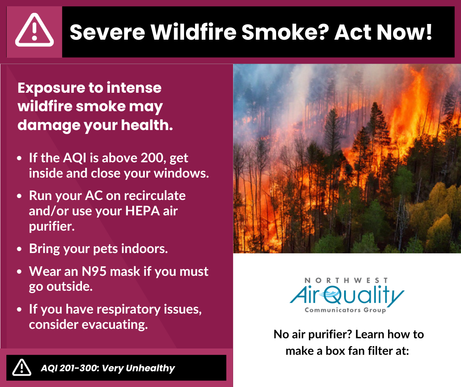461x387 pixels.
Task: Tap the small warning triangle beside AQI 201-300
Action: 22,368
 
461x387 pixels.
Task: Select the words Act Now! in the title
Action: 383,32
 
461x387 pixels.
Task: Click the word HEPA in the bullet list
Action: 142,211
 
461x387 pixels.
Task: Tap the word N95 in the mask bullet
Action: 94,271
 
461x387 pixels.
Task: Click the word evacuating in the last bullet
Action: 115,325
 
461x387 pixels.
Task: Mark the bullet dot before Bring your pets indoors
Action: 19,249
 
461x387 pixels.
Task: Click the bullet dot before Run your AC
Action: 19,196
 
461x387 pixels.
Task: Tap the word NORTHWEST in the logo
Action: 346,281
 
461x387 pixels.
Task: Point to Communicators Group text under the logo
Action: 346,310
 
